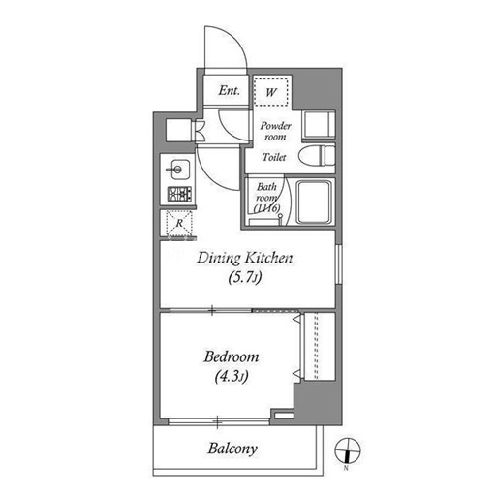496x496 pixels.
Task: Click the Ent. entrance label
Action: (x=229, y=90)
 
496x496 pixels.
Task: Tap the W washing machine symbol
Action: (x=271, y=92)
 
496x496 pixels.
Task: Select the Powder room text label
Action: (x=275, y=131)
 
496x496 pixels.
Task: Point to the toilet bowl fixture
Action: (x=317, y=156)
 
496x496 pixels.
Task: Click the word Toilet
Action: (x=274, y=157)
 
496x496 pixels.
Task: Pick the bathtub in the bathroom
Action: (x=314, y=201)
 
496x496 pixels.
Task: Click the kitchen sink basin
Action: (x=177, y=170)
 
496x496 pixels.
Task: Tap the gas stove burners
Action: (x=179, y=194)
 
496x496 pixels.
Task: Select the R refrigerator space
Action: (x=179, y=223)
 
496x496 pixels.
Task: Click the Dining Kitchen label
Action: (x=245, y=258)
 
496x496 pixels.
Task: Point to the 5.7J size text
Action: (x=244, y=277)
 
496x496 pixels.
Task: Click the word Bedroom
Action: (x=232, y=357)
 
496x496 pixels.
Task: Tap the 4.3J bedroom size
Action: (x=232, y=376)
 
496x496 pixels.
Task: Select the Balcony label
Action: (x=232, y=449)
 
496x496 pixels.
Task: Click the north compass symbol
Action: (x=348, y=450)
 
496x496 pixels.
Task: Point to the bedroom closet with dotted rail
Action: (x=318, y=346)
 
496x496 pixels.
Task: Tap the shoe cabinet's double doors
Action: (x=200, y=131)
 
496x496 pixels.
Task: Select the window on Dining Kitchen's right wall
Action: (x=338, y=264)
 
